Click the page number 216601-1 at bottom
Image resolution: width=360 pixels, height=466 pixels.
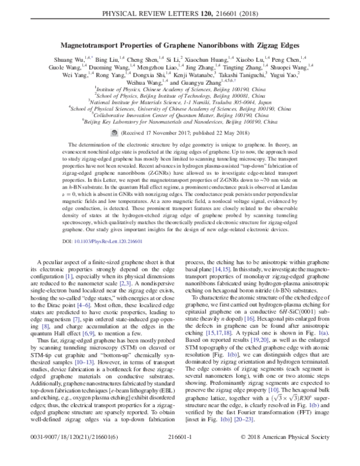click(x=180, y=455)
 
